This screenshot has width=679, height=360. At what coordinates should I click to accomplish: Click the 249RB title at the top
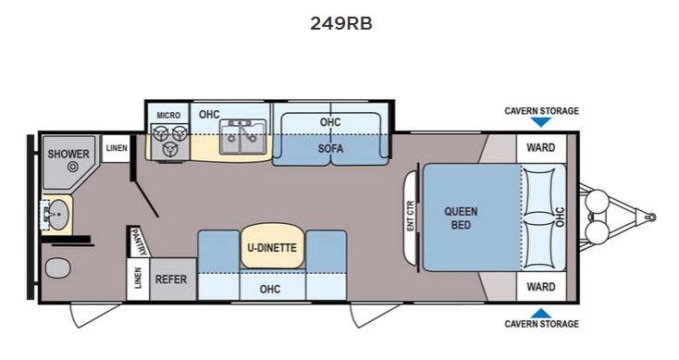(x=341, y=23)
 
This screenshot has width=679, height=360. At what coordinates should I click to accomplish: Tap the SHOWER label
(x=68, y=154)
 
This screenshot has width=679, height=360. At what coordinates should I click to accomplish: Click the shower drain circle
(x=73, y=167)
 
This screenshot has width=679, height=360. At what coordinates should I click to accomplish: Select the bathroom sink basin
(x=58, y=214)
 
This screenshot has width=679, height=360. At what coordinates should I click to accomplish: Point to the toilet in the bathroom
(x=57, y=268)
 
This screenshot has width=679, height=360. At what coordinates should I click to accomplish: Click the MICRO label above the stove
(x=168, y=116)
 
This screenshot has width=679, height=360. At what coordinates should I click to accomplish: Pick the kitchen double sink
(x=242, y=137)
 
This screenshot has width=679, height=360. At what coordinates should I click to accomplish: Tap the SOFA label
(x=330, y=149)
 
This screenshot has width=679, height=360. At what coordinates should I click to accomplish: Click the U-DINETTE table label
(x=272, y=248)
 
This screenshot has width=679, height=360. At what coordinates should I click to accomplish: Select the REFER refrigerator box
(x=171, y=279)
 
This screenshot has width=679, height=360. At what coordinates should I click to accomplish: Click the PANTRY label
(x=140, y=242)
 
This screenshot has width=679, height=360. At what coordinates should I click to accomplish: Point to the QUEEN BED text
(x=461, y=218)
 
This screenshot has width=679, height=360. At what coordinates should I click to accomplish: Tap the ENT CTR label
(x=411, y=216)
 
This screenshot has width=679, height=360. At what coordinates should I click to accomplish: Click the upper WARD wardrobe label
(x=541, y=148)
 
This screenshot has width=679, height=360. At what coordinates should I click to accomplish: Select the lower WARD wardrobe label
(x=541, y=287)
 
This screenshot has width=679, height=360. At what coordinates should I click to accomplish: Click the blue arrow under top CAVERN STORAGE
(x=541, y=122)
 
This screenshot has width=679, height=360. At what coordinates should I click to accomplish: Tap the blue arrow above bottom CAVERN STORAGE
(x=541, y=313)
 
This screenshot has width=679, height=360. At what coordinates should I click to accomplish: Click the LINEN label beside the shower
(x=117, y=148)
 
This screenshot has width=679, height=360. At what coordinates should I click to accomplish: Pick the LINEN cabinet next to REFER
(x=138, y=279)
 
